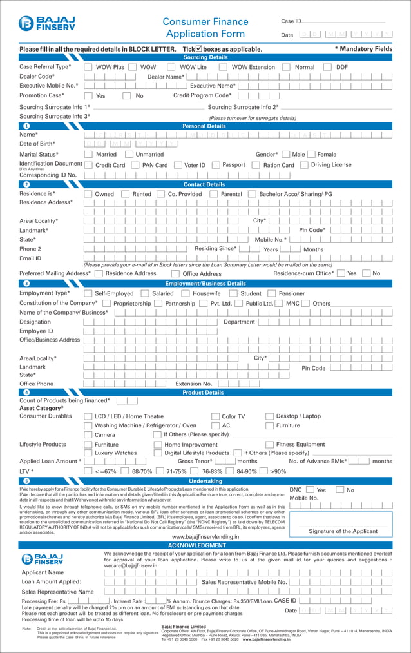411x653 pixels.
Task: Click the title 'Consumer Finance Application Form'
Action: (x=205, y=28)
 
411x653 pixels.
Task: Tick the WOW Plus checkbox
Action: (x=88, y=67)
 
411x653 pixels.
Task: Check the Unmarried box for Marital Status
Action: (x=129, y=155)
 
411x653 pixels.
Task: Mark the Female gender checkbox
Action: (x=311, y=155)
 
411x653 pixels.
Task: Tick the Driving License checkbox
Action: (x=304, y=165)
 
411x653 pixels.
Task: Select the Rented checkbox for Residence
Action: (x=126, y=194)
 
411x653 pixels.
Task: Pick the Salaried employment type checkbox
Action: (x=145, y=293)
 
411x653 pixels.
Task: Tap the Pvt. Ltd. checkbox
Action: (x=204, y=303)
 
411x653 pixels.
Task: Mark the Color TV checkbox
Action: (x=215, y=416)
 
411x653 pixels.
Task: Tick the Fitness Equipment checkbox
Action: (x=269, y=445)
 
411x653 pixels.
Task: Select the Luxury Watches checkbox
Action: (x=88, y=453)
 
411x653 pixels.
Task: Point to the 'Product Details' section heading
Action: (x=203, y=392)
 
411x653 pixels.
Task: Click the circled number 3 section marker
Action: (x=26, y=283)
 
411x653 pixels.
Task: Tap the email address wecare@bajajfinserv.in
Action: (x=131, y=565)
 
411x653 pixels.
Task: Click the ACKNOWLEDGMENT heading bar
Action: (x=205, y=545)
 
